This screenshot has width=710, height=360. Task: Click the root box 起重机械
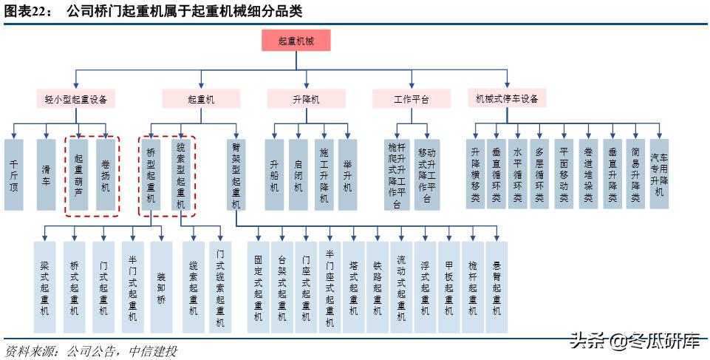[x=296, y=41]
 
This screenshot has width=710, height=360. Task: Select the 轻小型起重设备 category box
[x=75, y=98]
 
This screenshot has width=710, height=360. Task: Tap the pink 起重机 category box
[x=201, y=98]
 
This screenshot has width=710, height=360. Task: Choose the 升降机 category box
[x=305, y=98]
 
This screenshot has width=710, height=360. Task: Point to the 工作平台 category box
[x=411, y=98]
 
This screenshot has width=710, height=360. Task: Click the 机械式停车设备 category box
[x=507, y=98]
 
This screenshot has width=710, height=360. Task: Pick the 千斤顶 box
[x=13, y=174]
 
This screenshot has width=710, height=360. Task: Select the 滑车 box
[x=47, y=174]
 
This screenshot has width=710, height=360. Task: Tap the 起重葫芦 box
[x=79, y=174]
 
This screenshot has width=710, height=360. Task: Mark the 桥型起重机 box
[x=151, y=174]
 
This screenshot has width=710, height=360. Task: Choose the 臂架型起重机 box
[x=236, y=174]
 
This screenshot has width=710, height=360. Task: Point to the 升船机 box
[x=275, y=174]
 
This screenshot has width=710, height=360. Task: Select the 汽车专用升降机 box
[x=658, y=174]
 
